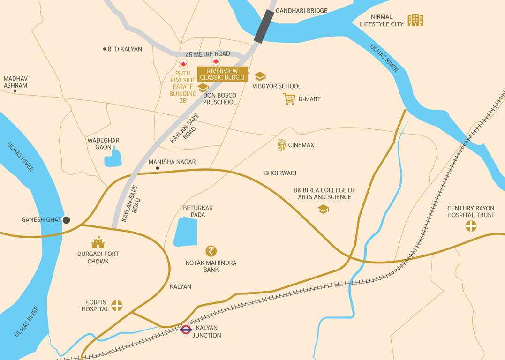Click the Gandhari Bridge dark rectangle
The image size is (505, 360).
(264, 26)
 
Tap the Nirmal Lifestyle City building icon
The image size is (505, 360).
(415, 20)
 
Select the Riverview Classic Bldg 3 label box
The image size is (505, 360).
(222, 74)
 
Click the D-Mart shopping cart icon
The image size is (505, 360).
(289, 99)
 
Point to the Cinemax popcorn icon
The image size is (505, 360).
(281, 145)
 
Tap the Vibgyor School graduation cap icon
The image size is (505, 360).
(260, 76)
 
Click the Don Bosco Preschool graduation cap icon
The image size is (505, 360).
(203, 88)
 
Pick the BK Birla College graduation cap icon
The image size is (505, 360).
(323, 209)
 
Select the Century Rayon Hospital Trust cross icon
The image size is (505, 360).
(470, 226)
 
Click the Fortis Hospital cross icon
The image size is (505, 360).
(116, 306)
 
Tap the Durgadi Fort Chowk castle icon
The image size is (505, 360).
(98, 242)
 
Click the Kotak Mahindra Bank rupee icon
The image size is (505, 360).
(211, 251)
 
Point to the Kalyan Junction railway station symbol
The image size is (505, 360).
(186, 330)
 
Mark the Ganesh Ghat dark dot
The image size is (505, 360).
(67, 220)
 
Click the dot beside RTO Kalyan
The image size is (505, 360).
(104, 49)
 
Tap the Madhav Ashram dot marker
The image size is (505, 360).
(15, 91)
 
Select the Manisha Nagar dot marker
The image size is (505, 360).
(158, 168)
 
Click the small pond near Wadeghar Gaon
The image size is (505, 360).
(113, 158)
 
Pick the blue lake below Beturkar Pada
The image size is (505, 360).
(185, 232)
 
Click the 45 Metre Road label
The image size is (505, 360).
(208, 54)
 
